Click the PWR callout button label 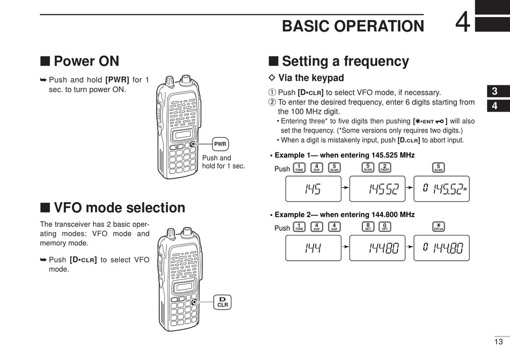coord(220,144)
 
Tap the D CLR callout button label coord(222,302)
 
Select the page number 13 coord(499,342)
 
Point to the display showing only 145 coord(312,188)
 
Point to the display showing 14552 coord(377,188)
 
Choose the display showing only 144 coord(312,248)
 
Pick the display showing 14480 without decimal coord(377,248)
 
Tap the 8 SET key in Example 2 coord(368,227)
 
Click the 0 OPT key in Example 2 coord(384,227)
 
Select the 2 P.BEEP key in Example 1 coord(384,167)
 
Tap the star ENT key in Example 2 coord(439,227)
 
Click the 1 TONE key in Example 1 coord(299,167)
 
